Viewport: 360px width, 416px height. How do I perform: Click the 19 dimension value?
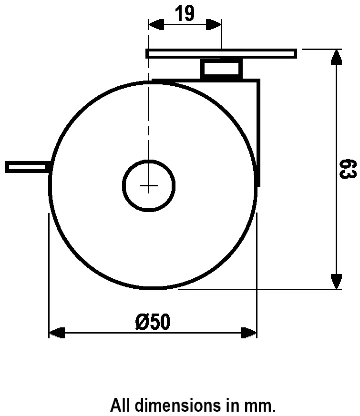pyautogui.click(x=185, y=14)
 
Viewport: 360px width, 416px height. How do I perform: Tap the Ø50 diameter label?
pyautogui.click(x=152, y=322)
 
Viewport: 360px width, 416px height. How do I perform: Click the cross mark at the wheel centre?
pyautogui.click(x=149, y=186)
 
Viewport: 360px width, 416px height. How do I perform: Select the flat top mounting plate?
pyautogui.click(x=221, y=53)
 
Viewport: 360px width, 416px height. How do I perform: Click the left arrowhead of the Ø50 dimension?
pyautogui.click(x=57, y=332)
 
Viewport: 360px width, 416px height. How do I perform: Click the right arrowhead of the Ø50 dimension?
pyautogui.click(x=249, y=332)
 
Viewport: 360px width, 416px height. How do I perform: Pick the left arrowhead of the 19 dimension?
pyautogui.click(x=156, y=25)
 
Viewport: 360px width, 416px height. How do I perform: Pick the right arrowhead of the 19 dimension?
pyautogui.click(x=214, y=25)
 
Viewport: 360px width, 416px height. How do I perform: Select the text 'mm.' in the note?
pyautogui.click(x=261, y=406)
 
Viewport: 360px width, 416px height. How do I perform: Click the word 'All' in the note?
pyautogui.click(x=120, y=406)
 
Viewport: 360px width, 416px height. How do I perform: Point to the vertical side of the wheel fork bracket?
pyautogui.click(x=259, y=129)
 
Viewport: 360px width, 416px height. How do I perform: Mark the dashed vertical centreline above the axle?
pyautogui.click(x=149, y=119)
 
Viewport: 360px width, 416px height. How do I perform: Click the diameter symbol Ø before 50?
pyautogui.click(x=142, y=322)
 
